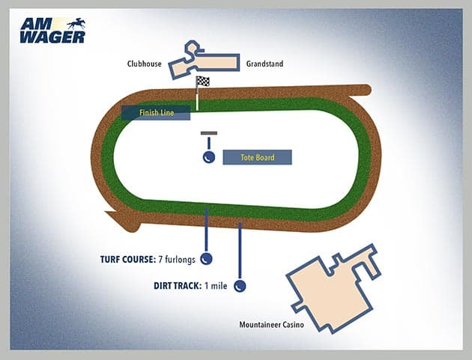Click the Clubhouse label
pos(145,64)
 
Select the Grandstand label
pos(264,64)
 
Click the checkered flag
pos(202,82)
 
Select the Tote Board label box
pos(257,157)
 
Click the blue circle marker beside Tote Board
pos(209,157)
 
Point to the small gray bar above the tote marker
pos(209,133)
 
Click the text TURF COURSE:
pos(127,260)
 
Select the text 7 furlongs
pos(177,260)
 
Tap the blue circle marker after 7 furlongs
pos(206,259)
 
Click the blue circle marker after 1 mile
pos(240,285)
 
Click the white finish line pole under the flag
pos(197,99)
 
